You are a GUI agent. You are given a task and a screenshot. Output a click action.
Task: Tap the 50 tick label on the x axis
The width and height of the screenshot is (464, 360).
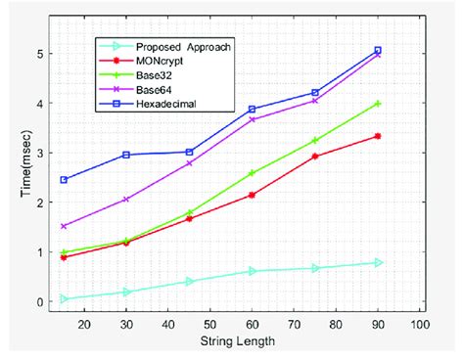(x=209, y=324)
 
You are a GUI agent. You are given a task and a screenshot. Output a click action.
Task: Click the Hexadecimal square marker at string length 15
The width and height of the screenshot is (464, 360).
(x=64, y=180)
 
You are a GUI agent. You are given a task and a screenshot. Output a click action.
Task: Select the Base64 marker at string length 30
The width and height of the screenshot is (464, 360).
(x=126, y=200)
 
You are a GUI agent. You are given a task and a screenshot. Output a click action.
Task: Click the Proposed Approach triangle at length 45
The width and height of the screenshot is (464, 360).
(x=189, y=282)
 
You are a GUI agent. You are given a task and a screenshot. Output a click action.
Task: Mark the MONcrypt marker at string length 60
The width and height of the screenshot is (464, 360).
(x=252, y=196)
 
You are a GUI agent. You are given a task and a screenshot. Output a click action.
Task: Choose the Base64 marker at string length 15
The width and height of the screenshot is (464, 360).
(x=64, y=226)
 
